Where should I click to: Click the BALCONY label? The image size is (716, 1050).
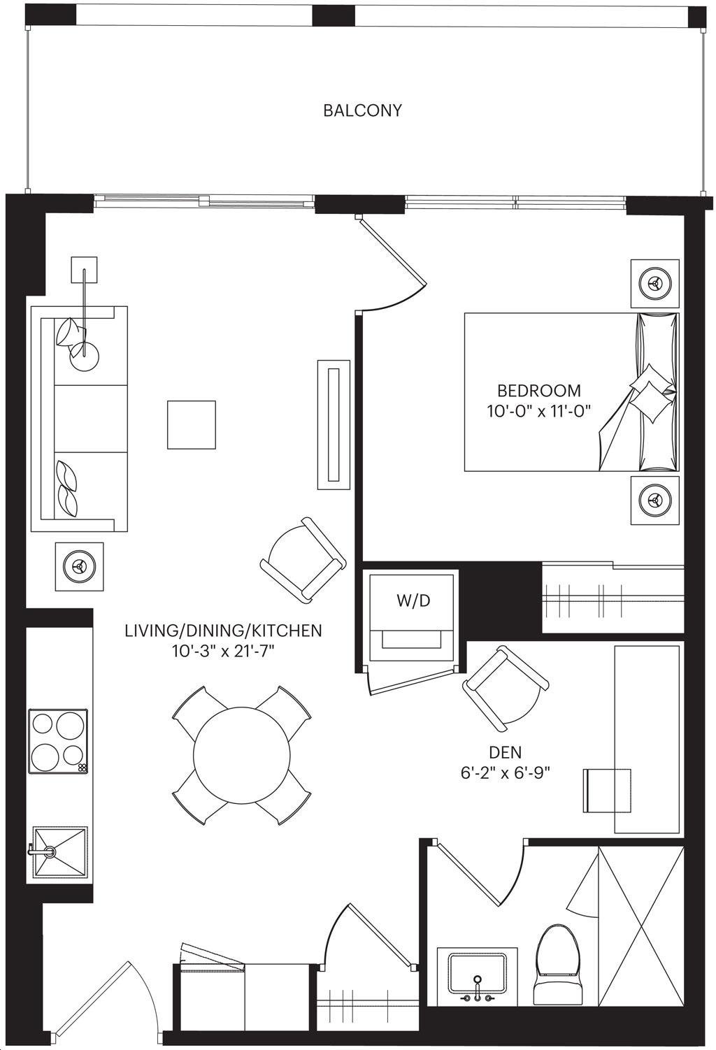pyautogui.click(x=362, y=110)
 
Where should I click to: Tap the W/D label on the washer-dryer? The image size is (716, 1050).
pyautogui.click(x=413, y=601)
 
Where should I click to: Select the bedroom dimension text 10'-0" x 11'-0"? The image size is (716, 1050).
pyautogui.click(x=538, y=412)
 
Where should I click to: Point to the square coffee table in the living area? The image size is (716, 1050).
pyautogui.click(x=192, y=425)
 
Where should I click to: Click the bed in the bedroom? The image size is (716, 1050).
pyautogui.click(x=571, y=392)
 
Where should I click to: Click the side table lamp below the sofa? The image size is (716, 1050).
pyautogui.click(x=79, y=566)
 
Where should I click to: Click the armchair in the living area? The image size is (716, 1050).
pyautogui.click(x=303, y=560)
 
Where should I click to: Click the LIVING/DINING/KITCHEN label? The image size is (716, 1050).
pyautogui.click(x=224, y=631)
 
